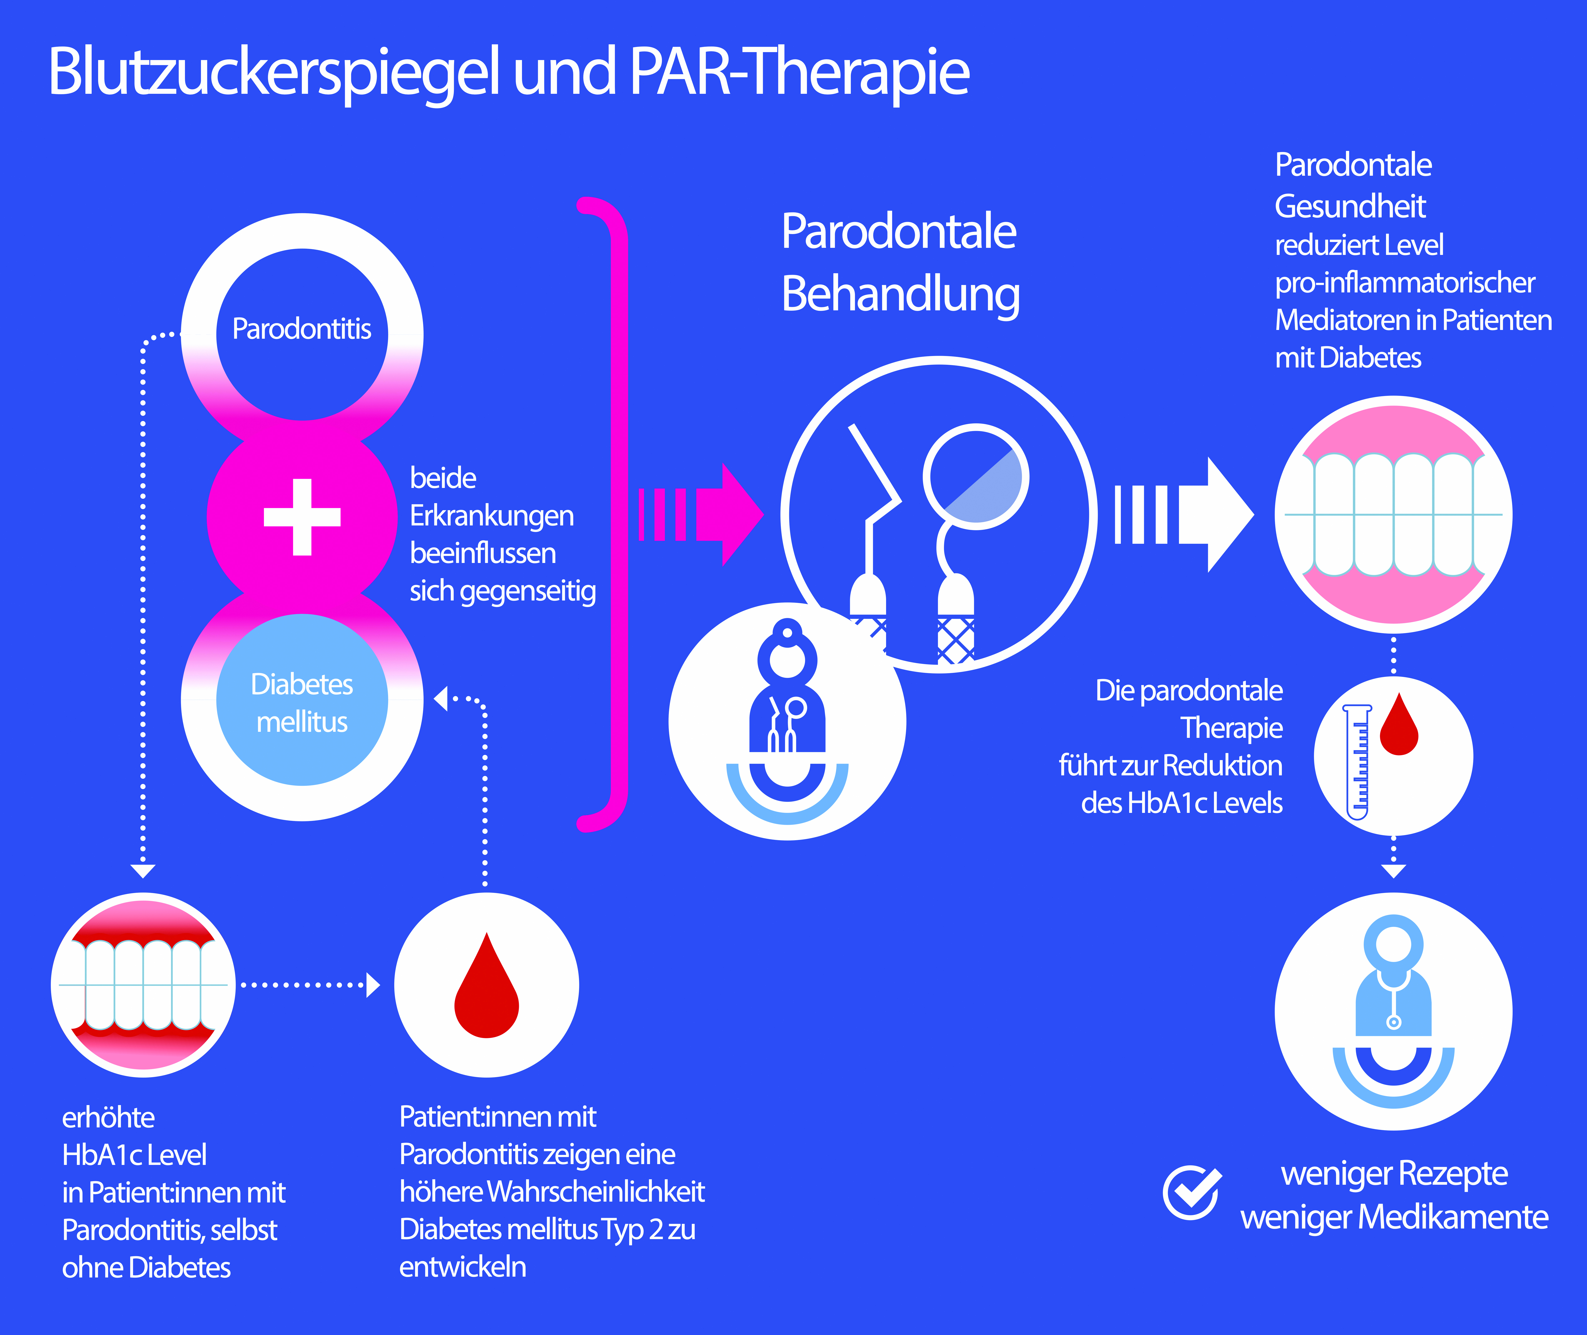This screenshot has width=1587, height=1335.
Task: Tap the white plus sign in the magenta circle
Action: (x=302, y=517)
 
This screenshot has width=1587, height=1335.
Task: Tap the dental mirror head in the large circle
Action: (x=976, y=477)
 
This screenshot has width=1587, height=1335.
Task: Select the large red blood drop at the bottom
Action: (x=486, y=988)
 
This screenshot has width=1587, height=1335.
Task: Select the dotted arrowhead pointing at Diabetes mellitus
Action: (x=441, y=698)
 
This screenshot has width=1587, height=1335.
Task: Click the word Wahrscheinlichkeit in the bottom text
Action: (x=596, y=1192)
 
